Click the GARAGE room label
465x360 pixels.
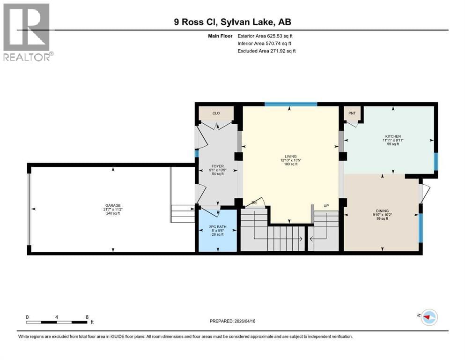click(x=112, y=205)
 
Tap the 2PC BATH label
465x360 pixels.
click(x=216, y=227)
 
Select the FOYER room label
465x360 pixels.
click(x=216, y=166)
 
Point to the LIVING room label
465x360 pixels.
click(x=291, y=157)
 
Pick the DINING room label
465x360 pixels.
click(x=382, y=211)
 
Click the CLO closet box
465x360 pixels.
click(x=216, y=113)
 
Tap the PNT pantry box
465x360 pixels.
click(x=352, y=113)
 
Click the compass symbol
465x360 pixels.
click(x=428, y=317)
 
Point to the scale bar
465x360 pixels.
click(x=57, y=322)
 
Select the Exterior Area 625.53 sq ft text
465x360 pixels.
click(x=266, y=36)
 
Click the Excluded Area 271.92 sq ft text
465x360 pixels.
click(x=266, y=51)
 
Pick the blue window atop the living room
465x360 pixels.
click(x=290, y=104)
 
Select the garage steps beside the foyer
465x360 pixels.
click(x=183, y=214)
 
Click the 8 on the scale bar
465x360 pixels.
click(x=87, y=317)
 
